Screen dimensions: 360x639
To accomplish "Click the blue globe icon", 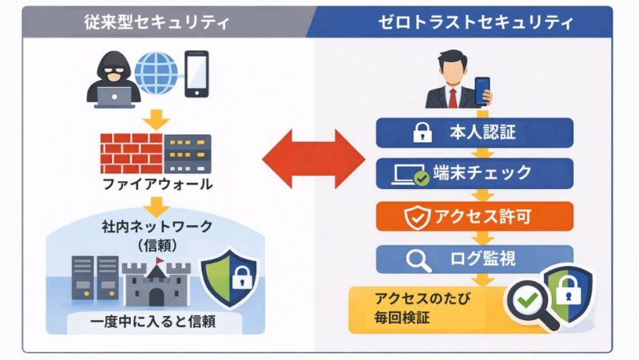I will [157, 74].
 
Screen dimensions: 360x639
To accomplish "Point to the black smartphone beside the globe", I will [196, 74].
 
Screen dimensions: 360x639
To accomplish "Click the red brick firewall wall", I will [130, 149].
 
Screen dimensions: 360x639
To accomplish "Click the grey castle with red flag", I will [157, 280].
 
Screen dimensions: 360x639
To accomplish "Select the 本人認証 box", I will [474, 133].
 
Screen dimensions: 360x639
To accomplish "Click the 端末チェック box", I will [474, 172].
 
